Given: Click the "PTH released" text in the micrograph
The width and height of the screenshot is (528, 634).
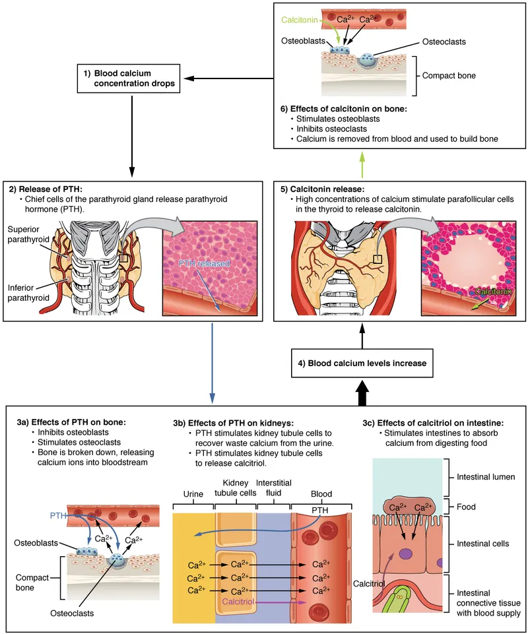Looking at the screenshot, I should [204, 263].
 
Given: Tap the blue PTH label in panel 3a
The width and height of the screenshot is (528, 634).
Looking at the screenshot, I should [59, 513].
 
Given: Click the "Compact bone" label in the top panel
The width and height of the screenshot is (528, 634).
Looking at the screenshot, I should [449, 75].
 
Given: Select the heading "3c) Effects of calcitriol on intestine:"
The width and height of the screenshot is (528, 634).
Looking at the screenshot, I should [439, 423].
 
